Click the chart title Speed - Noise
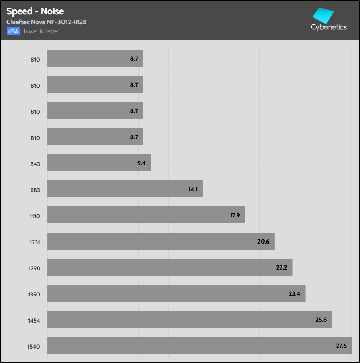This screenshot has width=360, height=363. (x=35, y=11)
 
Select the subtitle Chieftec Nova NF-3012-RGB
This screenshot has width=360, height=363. (x=46, y=22)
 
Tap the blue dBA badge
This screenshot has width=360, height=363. (x=13, y=31)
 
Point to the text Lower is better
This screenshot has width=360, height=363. (x=41, y=31)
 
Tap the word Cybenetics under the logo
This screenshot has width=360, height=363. (x=329, y=27)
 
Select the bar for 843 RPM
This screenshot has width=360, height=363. (x=99, y=163)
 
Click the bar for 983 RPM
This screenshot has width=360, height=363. (x=125, y=189)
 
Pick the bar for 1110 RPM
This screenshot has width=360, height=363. (x=146, y=215)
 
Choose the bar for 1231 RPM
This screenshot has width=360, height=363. (x=161, y=241)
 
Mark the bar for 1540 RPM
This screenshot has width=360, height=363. (x=199, y=345)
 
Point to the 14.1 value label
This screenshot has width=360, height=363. (x=193, y=189)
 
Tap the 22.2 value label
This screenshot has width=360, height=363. (x=282, y=267)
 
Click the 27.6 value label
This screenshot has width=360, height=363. (x=341, y=346)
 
